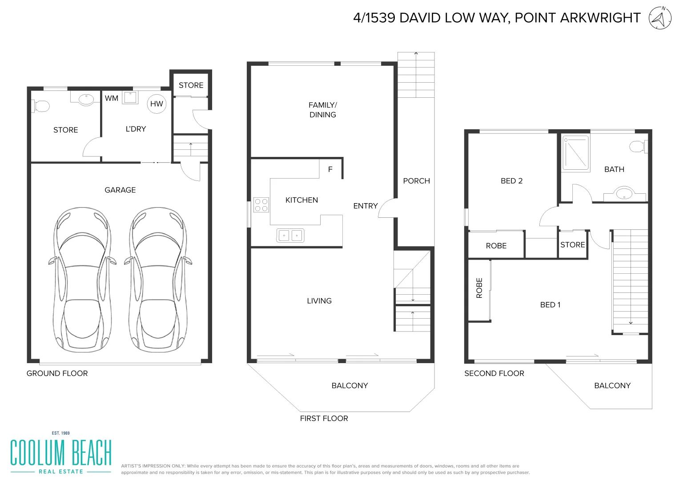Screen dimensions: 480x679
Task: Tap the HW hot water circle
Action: point(157,104)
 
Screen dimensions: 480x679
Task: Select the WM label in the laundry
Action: point(112,98)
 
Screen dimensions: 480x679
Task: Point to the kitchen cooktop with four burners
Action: point(261,205)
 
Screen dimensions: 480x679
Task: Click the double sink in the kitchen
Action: point(290,235)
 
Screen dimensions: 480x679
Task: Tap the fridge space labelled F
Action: point(330,169)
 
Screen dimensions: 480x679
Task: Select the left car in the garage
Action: point(82,280)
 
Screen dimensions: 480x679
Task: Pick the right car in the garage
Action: point(157,280)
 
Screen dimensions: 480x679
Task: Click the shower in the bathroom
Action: point(576,153)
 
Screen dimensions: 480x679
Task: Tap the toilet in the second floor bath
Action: point(639,146)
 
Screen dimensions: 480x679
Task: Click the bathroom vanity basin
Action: point(624,194)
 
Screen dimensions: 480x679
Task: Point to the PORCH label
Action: point(416,181)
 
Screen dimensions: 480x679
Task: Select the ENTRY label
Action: point(365,206)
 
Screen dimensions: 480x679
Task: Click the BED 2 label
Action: point(511,181)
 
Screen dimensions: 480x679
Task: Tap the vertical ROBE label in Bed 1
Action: point(479,288)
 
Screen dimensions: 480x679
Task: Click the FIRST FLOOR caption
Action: point(324,418)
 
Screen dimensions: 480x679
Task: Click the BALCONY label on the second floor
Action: point(612,385)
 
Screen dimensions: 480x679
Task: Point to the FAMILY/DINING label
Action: point(323,110)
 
